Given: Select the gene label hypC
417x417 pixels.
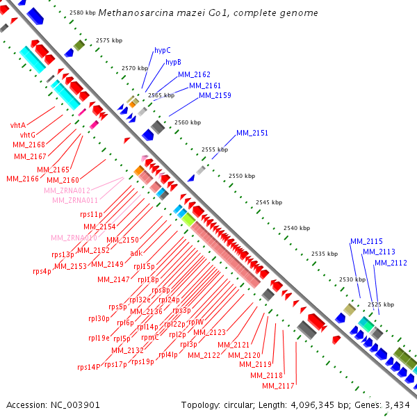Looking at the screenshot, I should [162, 51].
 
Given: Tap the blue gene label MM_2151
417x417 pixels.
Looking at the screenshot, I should [252, 133].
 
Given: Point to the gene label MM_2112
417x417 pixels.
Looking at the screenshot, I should [391, 263].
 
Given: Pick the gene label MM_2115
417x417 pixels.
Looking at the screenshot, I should [366, 241].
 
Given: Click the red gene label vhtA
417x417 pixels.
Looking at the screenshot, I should [18, 125].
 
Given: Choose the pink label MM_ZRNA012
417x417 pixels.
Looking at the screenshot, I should [67, 190].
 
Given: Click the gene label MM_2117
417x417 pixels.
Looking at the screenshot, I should [279, 386].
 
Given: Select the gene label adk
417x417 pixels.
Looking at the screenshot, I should [136, 253].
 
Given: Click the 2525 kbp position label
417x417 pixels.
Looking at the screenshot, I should [380, 304].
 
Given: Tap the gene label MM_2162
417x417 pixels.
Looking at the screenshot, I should [194, 74].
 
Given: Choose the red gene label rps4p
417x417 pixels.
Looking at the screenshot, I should [42, 271].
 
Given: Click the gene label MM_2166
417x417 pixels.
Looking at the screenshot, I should [22, 179].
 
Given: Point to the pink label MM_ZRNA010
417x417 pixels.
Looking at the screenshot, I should [74, 238].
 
